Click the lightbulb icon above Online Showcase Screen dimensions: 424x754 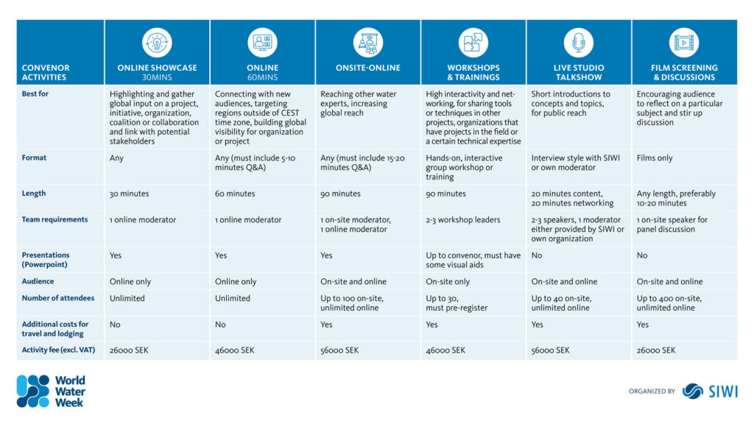157,43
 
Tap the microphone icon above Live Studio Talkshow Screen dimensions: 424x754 578,43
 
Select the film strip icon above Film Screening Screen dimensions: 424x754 684,43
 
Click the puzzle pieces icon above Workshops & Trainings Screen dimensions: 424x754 473,43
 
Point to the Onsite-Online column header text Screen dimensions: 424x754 367,68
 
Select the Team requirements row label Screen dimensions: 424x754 54,219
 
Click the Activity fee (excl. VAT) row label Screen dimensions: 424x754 57,350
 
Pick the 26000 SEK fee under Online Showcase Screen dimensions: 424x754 129,350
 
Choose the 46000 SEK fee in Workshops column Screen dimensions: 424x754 445,350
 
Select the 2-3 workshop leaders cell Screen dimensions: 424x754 462,219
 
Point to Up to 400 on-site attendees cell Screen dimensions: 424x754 669,303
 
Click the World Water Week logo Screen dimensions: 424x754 52,391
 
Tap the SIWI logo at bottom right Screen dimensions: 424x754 710,391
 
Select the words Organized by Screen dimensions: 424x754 652,392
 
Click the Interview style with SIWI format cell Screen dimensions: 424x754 577,163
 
